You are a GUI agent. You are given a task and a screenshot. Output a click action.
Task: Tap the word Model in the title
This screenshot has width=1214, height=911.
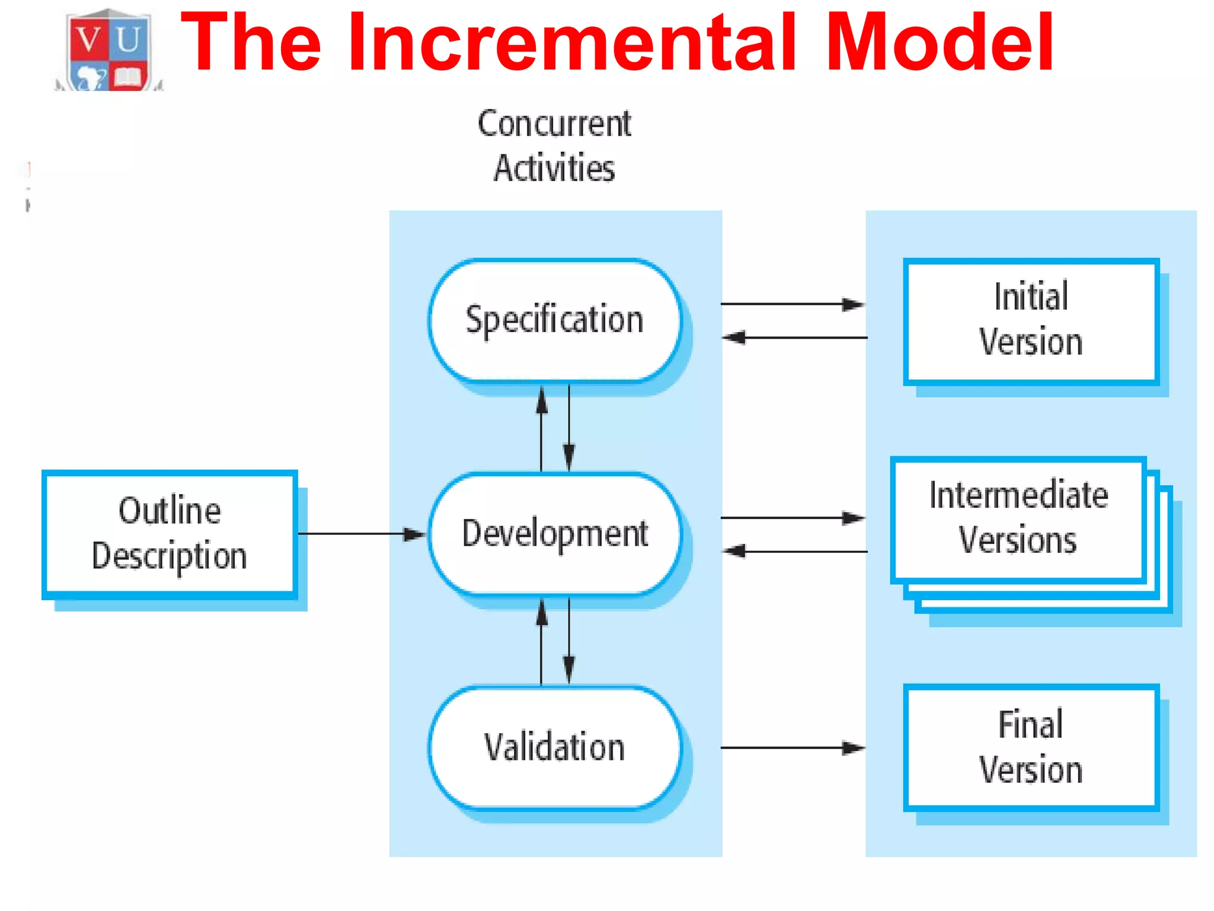(940, 43)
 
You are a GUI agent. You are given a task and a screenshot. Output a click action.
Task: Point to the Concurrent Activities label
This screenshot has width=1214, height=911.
(554, 146)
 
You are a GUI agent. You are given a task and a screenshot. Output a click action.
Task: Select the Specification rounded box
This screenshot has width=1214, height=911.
(555, 320)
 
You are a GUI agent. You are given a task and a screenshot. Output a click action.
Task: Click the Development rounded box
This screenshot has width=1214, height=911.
(555, 533)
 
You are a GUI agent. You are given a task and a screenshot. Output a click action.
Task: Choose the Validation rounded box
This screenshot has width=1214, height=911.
(555, 747)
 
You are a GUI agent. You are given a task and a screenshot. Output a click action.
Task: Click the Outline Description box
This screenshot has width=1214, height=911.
(170, 534)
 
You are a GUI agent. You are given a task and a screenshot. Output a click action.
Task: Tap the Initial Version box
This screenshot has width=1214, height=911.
(1031, 321)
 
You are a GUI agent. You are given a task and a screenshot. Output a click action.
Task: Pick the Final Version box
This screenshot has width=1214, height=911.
(1031, 747)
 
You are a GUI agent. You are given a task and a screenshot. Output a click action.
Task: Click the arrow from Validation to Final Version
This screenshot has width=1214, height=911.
(792, 747)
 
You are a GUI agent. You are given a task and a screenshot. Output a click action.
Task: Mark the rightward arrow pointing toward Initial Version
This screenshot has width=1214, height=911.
(792, 304)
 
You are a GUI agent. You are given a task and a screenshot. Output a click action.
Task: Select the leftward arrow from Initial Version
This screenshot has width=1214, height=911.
(794, 337)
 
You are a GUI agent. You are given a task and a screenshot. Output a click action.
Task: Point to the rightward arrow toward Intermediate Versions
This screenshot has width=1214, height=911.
(792, 518)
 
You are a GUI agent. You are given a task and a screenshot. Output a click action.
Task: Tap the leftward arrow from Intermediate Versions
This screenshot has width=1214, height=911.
(794, 552)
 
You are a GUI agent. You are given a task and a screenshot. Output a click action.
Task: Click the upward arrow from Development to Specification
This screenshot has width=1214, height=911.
(541, 428)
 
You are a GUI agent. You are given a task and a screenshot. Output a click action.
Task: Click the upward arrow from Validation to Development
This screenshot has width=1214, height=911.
(541, 642)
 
